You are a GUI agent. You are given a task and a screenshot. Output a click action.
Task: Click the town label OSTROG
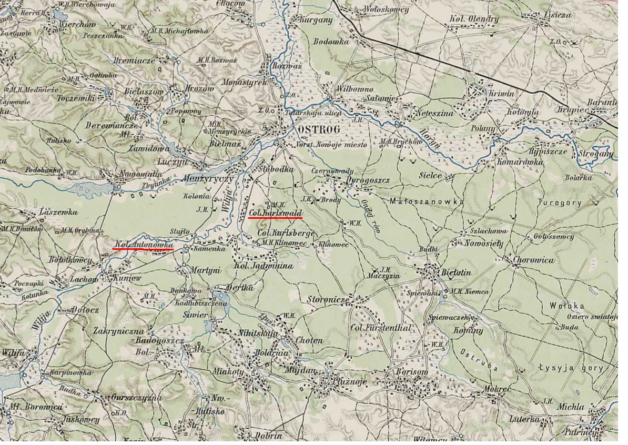pos(318,129)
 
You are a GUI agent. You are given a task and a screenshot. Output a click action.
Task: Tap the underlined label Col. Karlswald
pos(275,212)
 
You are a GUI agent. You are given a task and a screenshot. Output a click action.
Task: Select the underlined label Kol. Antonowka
pos(144,245)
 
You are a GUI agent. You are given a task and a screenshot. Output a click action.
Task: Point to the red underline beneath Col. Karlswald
pos(275,217)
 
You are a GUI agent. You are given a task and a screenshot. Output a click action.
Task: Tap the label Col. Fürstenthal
pos(380,328)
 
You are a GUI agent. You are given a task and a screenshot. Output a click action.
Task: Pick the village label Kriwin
pos(502,94)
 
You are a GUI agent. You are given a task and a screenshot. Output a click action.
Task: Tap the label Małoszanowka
pos(427,201)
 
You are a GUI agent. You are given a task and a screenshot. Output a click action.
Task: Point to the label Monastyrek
pos(245,83)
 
